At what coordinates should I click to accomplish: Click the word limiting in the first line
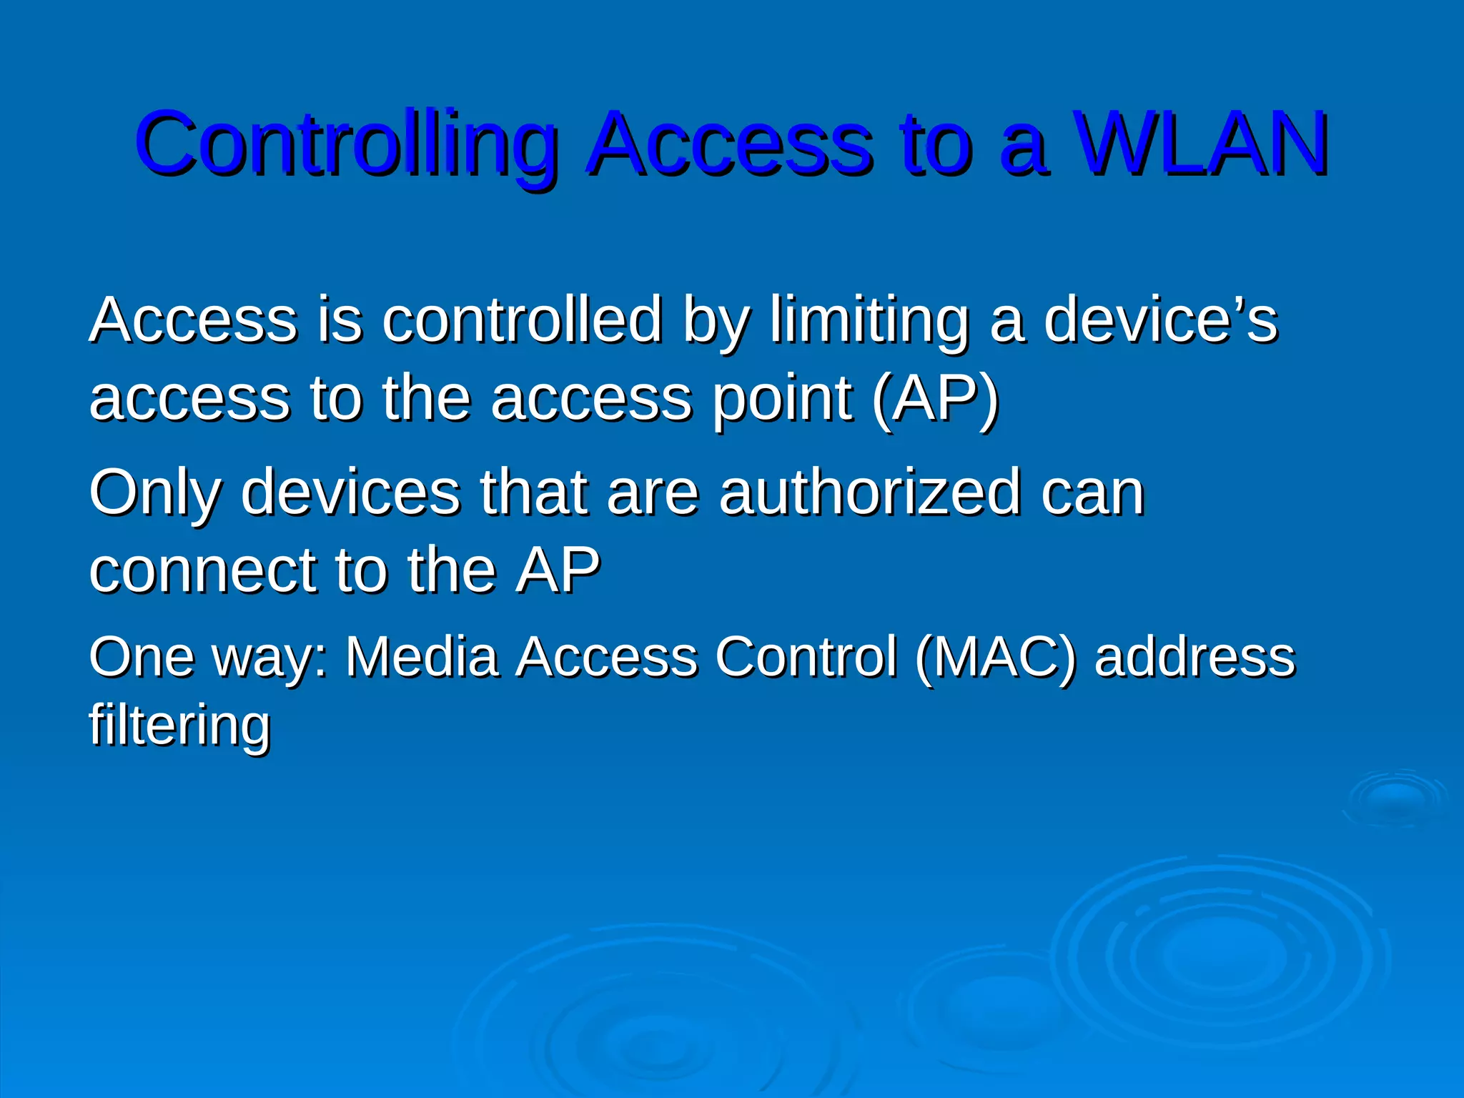869,321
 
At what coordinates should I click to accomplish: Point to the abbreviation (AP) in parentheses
936,399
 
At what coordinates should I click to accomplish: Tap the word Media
422,656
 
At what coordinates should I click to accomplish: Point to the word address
1195,656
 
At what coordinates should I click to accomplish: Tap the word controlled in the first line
522,321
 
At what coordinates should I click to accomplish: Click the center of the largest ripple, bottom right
1215,954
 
